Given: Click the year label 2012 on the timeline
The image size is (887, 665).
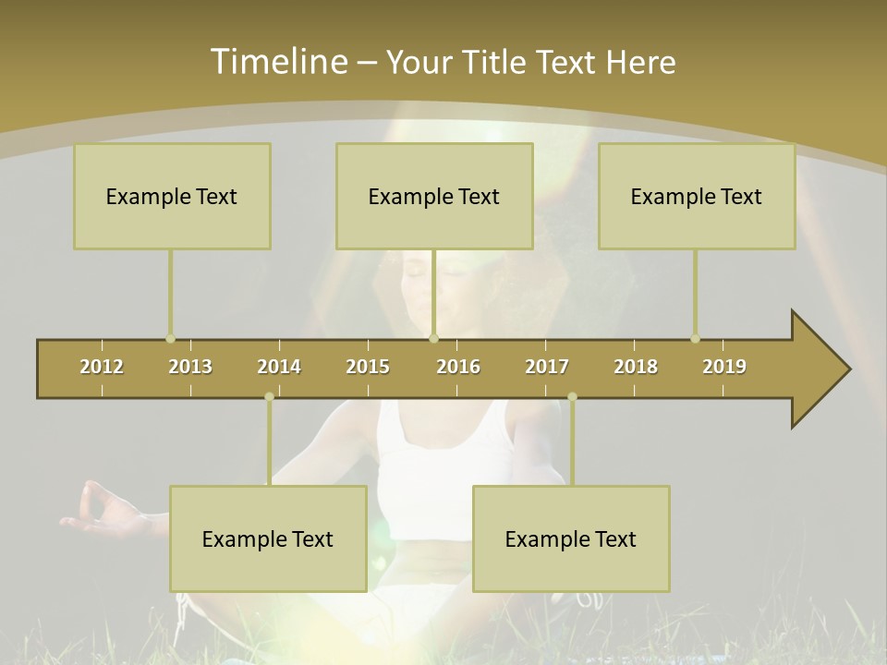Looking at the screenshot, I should click(102, 367).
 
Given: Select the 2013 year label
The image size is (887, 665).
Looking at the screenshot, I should click(190, 367).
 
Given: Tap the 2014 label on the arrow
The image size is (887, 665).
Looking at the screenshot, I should click(279, 367).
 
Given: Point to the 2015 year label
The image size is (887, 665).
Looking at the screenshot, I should click(368, 367).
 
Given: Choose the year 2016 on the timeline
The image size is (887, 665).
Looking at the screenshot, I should click(458, 367).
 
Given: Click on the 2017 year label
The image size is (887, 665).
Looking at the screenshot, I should click(547, 367).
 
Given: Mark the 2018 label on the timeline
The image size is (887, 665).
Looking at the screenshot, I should click(636, 367).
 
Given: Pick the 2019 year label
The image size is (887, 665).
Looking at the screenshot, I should click(724, 367).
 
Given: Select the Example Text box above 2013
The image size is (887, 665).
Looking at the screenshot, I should click(172, 196).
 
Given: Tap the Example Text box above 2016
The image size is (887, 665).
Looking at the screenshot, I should click(434, 196).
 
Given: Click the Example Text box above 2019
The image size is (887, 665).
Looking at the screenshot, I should click(697, 196).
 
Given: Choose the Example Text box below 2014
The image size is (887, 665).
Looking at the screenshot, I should click(268, 538).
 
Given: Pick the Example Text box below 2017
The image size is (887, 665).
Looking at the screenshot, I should click(571, 538).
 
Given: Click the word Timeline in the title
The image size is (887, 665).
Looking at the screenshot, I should click(277, 62).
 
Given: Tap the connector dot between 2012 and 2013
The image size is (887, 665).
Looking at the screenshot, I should click(170, 339).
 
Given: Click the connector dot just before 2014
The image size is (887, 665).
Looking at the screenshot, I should click(269, 397).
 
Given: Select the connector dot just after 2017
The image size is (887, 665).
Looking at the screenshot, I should click(572, 397).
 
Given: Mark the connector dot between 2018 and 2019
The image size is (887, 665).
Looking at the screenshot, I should click(695, 339).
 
